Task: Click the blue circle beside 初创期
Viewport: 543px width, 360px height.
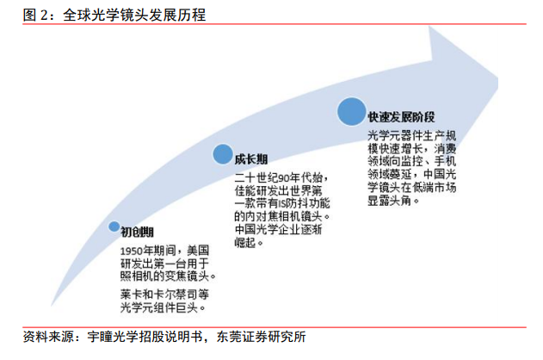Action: (114, 227)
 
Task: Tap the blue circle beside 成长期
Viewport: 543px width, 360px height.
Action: (223, 154)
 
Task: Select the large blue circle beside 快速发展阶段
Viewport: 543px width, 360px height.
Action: (352, 112)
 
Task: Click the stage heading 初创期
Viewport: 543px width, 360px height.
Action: (137, 232)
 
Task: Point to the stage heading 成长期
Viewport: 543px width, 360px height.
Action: (251, 159)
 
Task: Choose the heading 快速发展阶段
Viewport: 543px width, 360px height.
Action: (401, 117)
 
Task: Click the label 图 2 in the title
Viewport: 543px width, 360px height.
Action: (35, 15)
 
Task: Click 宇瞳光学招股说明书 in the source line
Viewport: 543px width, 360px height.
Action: (145, 337)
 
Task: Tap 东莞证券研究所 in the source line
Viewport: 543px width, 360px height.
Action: (261, 337)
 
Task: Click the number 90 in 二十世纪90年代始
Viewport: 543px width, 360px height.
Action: (284, 178)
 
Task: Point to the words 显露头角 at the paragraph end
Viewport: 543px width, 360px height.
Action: (390, 201)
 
